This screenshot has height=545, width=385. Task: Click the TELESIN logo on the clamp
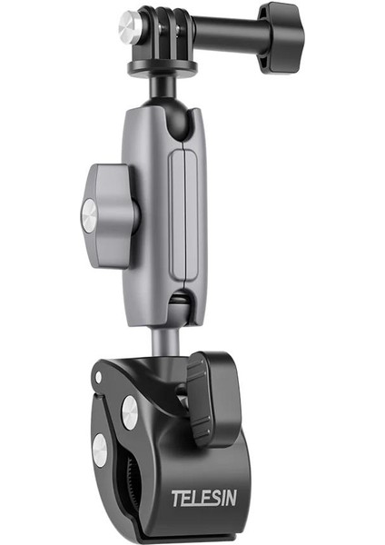(204, 498)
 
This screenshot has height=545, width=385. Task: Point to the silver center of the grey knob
(90, 215)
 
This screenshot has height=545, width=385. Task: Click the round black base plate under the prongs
(163, 66)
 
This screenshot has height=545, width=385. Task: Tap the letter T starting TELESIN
(176, 498)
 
